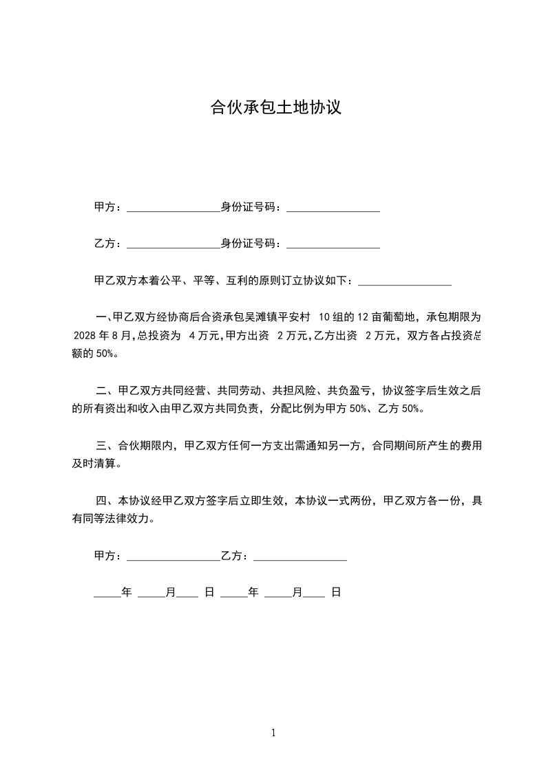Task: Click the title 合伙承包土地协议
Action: tap(275, 108)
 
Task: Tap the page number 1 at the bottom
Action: tap(273, 733)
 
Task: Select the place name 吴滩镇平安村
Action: tap(273, 317)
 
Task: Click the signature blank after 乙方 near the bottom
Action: tap(300, 558)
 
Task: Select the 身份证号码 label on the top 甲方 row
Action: tap(249, 206)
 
